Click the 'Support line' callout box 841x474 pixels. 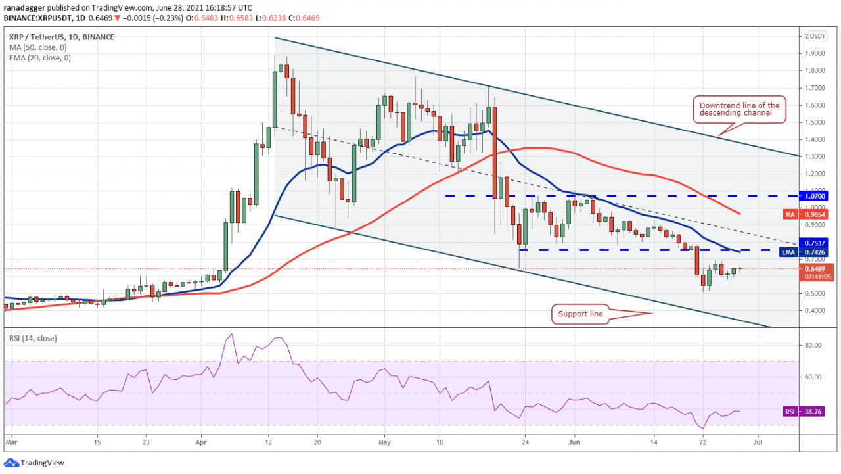580,314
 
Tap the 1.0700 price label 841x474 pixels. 815,196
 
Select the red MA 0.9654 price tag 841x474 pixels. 815,214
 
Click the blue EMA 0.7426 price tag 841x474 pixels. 815,252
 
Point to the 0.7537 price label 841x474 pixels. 815,243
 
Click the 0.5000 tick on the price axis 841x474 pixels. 813,293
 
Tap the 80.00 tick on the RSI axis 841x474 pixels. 813,345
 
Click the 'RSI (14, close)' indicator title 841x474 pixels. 32,339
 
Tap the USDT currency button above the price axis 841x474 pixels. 817,36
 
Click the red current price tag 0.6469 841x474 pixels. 815,268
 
